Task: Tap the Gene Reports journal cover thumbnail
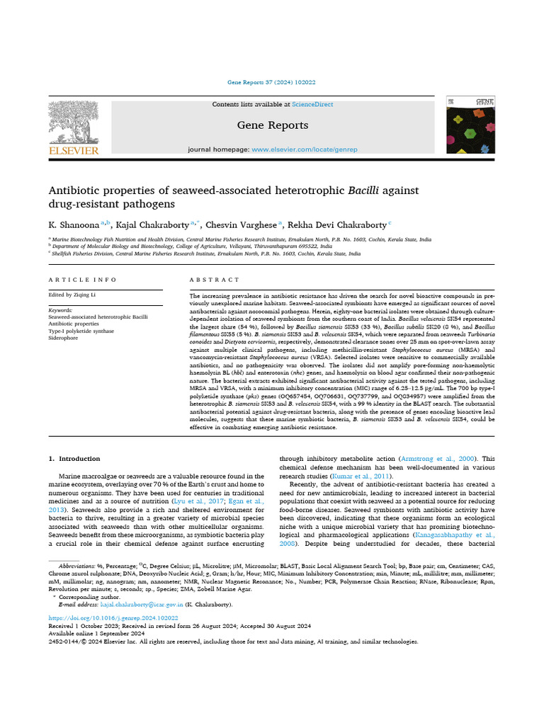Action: point(470,125)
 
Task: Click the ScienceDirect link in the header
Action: point(313,104)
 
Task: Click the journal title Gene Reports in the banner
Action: point(272,125)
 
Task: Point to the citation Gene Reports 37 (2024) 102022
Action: point(272,82)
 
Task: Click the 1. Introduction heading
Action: point(74,459)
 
